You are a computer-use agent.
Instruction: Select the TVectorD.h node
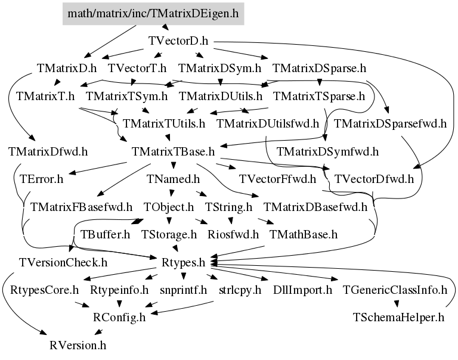(178, 41)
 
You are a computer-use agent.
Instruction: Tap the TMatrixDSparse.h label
(319, 68)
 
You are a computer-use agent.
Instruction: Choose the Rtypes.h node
(184, 262)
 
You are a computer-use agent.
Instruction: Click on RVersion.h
(78, 345)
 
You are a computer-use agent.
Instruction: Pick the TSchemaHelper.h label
(399, 316)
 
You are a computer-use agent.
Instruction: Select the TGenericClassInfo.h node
(395, 290)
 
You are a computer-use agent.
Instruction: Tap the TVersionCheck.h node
(63, 262)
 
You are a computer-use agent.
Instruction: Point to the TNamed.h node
(173, 179)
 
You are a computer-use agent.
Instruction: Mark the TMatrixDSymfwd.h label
(327, 151)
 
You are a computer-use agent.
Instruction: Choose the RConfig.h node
(119, 316)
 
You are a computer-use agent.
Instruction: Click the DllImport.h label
(302, 290)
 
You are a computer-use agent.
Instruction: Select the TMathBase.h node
(304, 234)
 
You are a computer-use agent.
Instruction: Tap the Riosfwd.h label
(233, 234)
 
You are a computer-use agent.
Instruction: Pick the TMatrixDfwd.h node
(48, 151)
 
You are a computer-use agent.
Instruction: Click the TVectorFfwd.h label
(277, 179)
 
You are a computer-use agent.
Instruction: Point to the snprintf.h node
(184, 290)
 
